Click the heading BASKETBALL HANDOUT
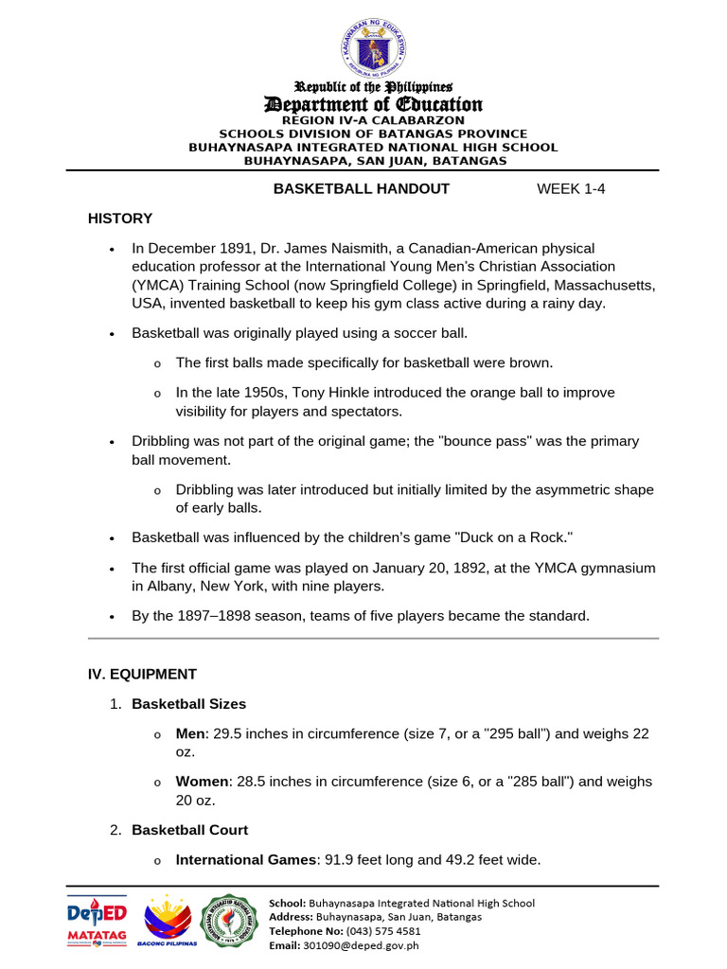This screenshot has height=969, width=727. tap(361, 188)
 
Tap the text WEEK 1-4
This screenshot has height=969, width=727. tap(571, 188)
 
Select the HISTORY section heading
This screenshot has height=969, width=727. tap(120, 219)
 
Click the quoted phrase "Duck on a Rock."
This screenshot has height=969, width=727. tap(514, 537)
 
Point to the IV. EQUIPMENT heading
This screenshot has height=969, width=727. tap(142, 675)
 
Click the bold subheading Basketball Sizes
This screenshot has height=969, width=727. tap(188, 704)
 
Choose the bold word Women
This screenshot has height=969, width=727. tap(202, 782)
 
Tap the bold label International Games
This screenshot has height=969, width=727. tap(246, 860)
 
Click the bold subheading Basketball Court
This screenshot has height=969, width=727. tap(189, 830)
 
